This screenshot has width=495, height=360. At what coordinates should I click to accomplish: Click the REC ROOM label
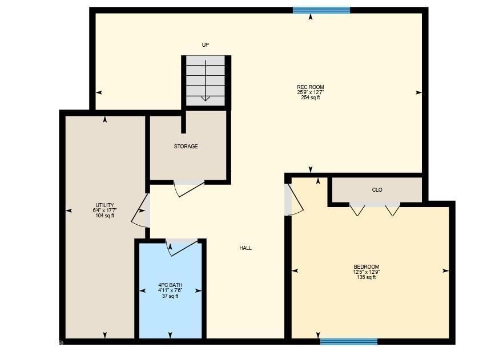pos(311,87)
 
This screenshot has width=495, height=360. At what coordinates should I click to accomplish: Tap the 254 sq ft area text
pos(311,98)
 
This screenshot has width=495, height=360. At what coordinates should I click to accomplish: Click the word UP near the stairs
pos(206,45)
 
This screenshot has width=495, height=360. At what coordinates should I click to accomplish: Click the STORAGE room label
pos(186,147)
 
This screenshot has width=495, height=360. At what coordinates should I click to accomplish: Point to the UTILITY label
pos(105,205)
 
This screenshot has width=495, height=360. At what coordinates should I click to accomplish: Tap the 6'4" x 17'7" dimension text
pos(105,211)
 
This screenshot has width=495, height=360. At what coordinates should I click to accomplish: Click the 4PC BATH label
pos(170,285)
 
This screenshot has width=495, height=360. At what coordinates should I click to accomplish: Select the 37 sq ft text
pos(170,296)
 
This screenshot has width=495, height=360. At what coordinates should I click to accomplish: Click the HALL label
pos(246,248)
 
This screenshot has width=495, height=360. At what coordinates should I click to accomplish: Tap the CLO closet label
pos(377,190)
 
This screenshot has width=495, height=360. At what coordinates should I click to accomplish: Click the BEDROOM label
pos(367,267)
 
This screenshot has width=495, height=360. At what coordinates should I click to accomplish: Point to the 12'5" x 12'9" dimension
pos(367,272)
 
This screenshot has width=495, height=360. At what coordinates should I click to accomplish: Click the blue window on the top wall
pos(321,10)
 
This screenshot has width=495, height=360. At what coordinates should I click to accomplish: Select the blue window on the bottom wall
pos(348,342)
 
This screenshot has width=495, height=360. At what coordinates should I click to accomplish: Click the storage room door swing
pos(189,189)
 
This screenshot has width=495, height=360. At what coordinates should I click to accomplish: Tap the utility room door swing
pos(140,212)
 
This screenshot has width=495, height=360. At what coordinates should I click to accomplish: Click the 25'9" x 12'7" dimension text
pos(311,92)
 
